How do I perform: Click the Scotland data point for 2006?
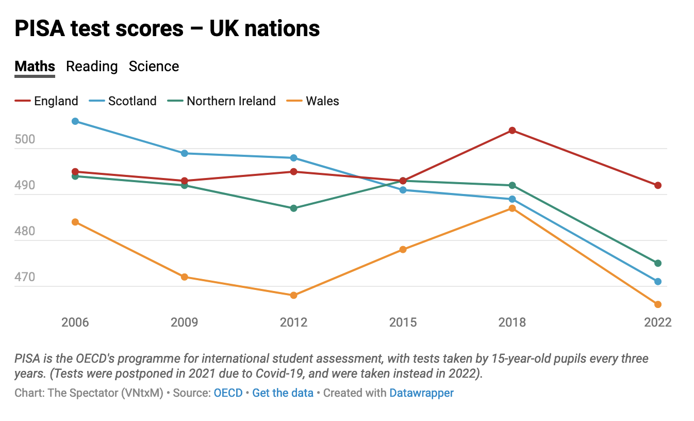(x=75, y=121)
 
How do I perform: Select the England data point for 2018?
(x=512, y=131)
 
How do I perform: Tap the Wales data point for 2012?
(x=294, y=296)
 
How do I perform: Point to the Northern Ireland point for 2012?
(x=294, y=208)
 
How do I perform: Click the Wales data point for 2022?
(x=658, y=304)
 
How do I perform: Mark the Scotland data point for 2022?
(x=658, y=282)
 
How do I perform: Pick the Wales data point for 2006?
(x=75, y=222)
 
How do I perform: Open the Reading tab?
(x=92, y=67)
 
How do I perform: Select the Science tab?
(x=154, y=67)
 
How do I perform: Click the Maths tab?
(x=35, y=67)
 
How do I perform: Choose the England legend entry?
(x=56, y=101)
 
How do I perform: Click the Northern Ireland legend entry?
(x=230, y=101)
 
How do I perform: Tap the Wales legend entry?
(x=322, y=101)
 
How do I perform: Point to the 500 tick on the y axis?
(x=25, y=139)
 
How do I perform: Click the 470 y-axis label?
(x=25, y=277)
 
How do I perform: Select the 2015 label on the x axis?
(x=403, y=322)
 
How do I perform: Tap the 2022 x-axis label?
(x=658, y=322)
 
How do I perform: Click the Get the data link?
(x=283, y=393)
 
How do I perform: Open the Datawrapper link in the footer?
(x=421, y=393)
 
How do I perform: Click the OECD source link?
(x=228, y=393)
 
